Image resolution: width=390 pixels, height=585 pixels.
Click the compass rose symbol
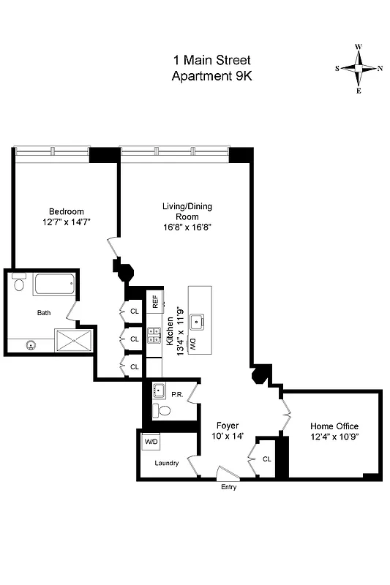[359, 69]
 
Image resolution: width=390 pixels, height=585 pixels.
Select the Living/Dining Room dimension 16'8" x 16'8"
[187, 227]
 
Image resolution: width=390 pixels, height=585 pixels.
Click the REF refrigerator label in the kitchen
[155, 301]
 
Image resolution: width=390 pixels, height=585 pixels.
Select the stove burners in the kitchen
[154, 335]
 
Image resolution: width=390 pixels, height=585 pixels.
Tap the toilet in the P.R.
[163, 411]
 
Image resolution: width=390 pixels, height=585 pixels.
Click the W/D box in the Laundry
[151, 442]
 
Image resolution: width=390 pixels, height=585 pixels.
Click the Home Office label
[334, 426]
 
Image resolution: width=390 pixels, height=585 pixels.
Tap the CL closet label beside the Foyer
[267, 458]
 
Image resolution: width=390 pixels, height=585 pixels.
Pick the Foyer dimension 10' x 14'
[228, 436]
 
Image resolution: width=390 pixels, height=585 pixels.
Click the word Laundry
[167, 463]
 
